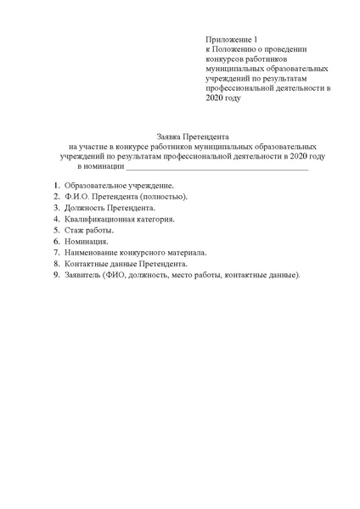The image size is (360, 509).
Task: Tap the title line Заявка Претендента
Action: [194, 137]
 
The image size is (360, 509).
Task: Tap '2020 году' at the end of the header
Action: [223, 98]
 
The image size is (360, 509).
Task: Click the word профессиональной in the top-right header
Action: [242, 87]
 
